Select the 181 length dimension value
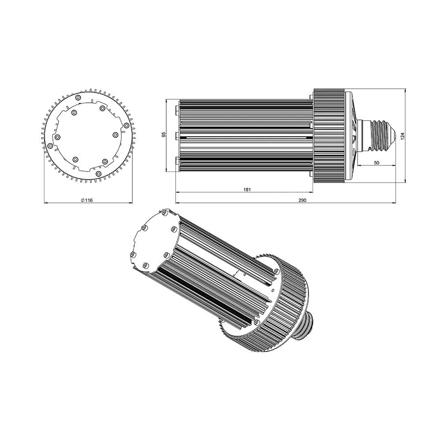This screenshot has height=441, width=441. [247, 190]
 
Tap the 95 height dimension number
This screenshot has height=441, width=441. [164, 135]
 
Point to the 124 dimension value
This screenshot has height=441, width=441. [403, 136]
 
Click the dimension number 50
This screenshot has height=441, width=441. [377, 163]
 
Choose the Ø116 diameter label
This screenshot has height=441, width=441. [86, 200]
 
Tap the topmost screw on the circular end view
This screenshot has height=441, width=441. [78, 97]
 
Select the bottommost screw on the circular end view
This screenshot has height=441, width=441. [98, 174]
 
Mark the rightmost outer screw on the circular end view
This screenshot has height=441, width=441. [126, 125]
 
